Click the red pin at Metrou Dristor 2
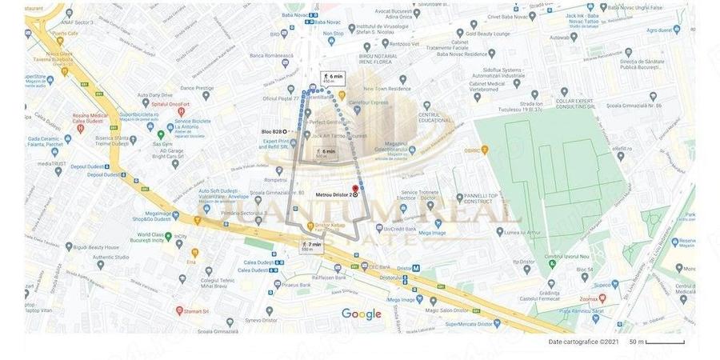(x=355, y=190)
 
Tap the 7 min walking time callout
(x=312, y=246)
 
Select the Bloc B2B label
(x=272, y=131)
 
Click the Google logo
(x=362, y=314)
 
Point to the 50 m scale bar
(x=664, y=342)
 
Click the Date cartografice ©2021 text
(x=583, y=342)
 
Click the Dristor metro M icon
(x=415, y=268)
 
